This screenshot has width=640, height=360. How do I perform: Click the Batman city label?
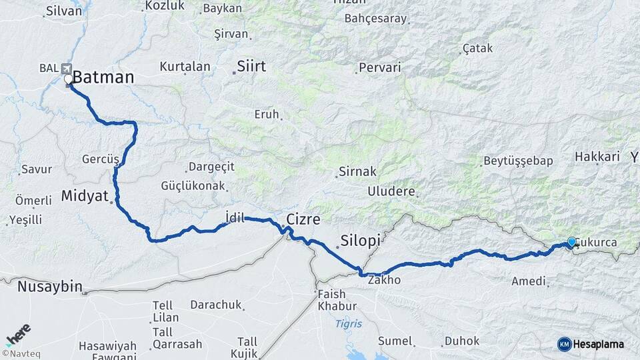[103, 77]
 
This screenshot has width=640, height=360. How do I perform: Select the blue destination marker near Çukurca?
[571, 243]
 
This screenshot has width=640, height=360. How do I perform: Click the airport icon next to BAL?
[66, 68]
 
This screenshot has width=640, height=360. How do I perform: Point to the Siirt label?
[251, 67]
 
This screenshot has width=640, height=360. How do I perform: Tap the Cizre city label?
[303, 219]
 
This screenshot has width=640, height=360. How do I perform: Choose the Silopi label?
[360, 240]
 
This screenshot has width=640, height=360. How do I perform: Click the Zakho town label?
[384, 280]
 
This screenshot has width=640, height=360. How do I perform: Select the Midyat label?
[84, 196]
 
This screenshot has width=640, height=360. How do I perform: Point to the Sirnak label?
[358, 171]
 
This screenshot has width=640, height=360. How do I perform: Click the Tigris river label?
[349, 324]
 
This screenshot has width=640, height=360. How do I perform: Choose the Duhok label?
[462, 341]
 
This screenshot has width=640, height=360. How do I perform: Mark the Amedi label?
[529, 281]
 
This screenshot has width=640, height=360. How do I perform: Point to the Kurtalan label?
[185, 67]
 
